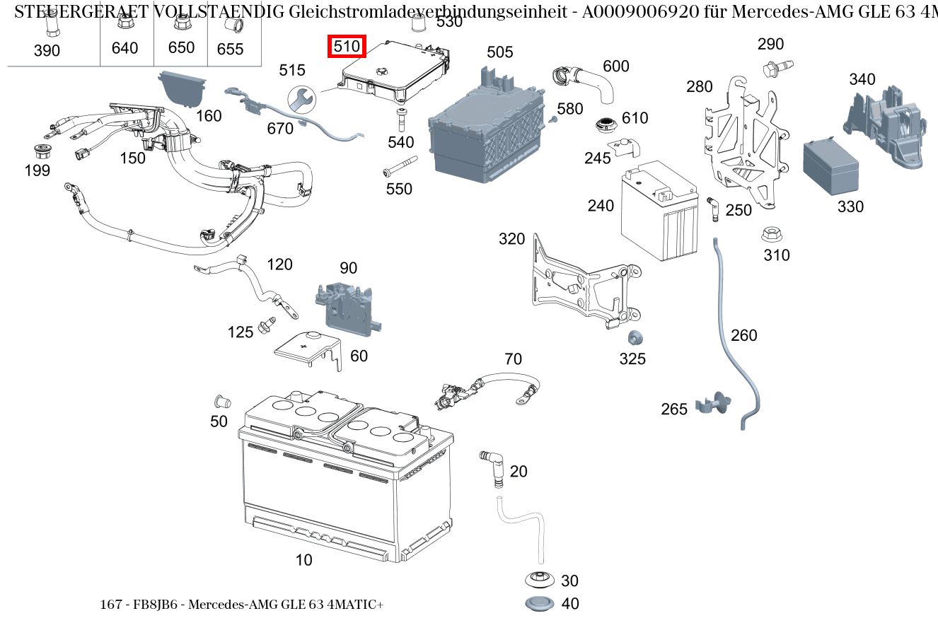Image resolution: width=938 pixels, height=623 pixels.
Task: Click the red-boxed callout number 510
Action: pos(347,47)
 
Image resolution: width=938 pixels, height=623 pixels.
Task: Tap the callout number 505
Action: pos(500,52)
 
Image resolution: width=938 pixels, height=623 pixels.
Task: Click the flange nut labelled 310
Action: pos(770,234)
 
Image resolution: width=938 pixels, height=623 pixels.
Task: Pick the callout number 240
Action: pos(601,206)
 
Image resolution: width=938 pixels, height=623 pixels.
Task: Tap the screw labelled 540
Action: pos(401,120)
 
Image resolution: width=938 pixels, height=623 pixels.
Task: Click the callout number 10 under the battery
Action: pos(303,560)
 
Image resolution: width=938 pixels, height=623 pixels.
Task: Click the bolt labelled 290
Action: pos(771,69)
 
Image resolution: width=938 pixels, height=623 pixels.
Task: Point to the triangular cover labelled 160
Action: pos(181,87)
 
